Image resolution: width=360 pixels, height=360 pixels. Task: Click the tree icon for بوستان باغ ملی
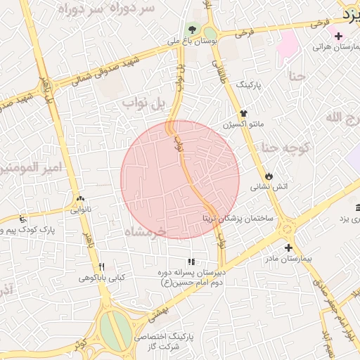click(192, 30)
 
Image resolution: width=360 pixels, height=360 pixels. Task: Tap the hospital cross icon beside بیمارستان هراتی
click(339, 36)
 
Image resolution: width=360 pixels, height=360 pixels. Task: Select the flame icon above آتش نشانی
click(269, 175)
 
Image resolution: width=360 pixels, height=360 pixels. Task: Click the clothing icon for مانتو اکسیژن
click(244, 112)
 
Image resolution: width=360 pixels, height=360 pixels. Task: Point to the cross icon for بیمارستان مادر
click(288, 247)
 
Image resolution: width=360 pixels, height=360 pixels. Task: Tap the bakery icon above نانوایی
click(81, 199)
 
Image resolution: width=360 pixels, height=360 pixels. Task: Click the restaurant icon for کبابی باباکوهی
click(102, 266)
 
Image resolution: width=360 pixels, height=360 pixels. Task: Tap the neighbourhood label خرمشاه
click(143, 231)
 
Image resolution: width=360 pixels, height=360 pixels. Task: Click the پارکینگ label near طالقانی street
click(247, 84)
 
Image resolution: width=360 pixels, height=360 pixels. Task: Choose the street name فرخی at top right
click(243, 32)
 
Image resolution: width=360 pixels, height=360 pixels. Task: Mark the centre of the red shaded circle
click(180, 179)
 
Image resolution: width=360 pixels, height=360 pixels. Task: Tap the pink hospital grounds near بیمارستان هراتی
click(286, 44)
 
